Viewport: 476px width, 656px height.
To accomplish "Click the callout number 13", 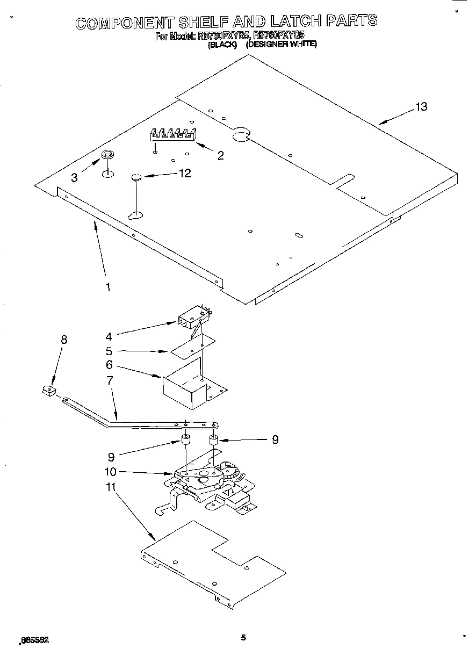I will (421, 106).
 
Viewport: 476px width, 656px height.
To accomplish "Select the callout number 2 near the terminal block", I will (220, 156).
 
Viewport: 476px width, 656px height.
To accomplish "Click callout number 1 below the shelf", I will (107, 287).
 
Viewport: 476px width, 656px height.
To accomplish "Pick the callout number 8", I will (64, 339).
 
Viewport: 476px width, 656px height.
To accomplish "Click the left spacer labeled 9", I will (186, 441).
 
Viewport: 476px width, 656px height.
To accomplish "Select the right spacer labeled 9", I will (213, 441).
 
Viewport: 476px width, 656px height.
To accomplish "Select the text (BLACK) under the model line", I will (222, 46).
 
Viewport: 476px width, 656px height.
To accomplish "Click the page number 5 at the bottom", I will (243, 638).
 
